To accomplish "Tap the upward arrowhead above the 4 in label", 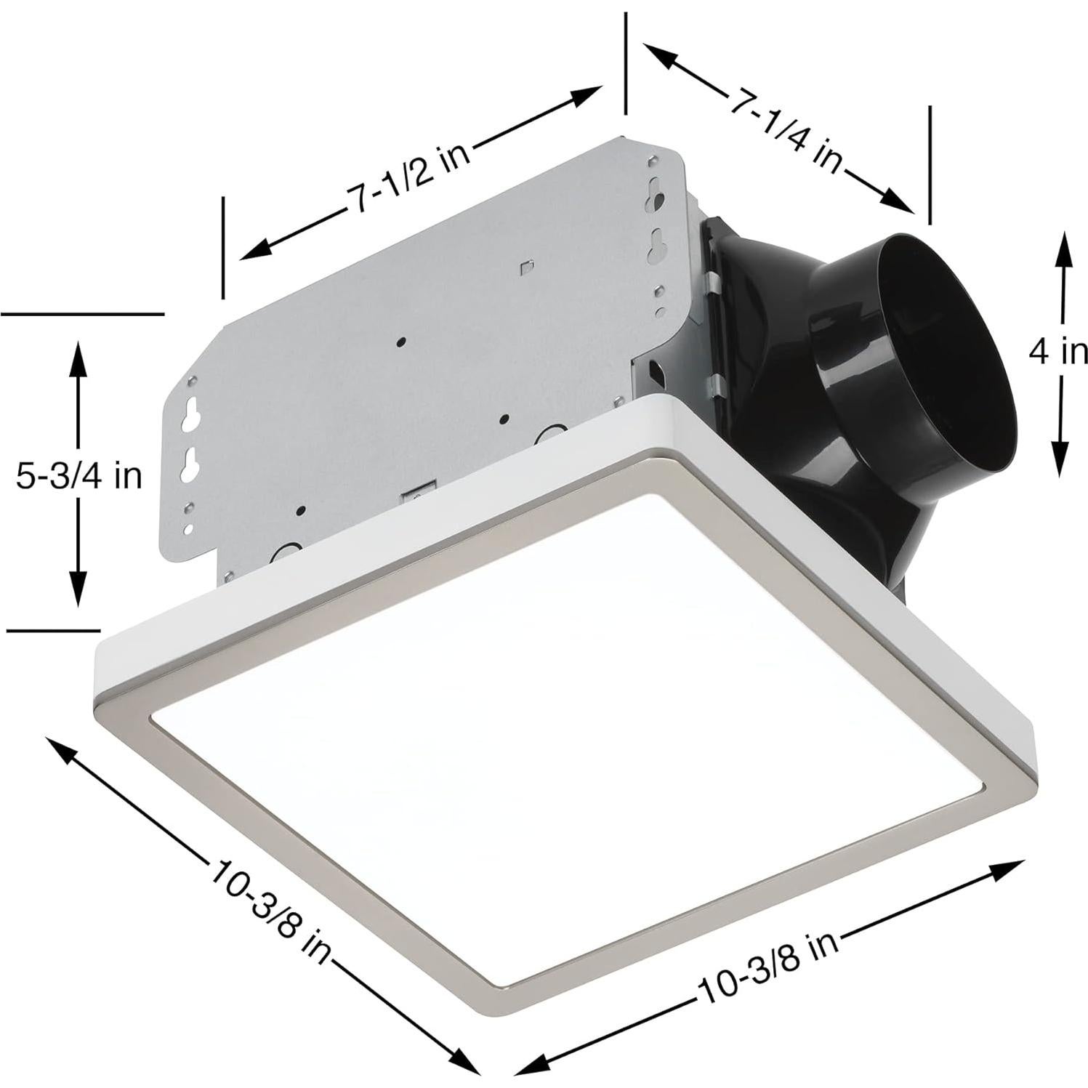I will [x=1062, y=247].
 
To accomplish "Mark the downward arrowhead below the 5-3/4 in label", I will [x=78, y=592].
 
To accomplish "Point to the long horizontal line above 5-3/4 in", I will [x=83, y=314].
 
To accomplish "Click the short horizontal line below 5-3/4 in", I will [x=52, y=629].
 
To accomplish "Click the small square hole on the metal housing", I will [x=527, y=266].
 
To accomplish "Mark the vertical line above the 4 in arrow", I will [x=929, y=164].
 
